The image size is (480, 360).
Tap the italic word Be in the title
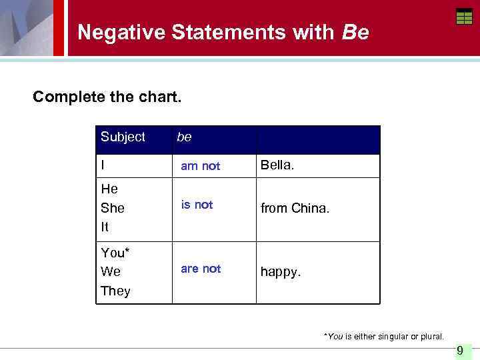click(355, 32)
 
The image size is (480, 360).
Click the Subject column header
click(123, 137)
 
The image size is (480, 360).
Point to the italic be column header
click(184, 137)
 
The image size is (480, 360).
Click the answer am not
click(200, 166)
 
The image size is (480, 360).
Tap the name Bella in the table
click(277, 165)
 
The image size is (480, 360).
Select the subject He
click(109, 189)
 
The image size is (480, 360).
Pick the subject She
click(112, 208)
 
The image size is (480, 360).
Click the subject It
click(105, 227)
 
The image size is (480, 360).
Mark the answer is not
click(197, 205)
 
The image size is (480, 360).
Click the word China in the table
click(311, 209)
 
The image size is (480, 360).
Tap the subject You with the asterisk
click(115, 253)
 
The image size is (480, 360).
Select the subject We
click(111, 272)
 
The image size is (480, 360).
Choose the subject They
click(115, 291)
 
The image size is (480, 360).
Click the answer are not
click(201, 269)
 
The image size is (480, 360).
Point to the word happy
click(280, 273)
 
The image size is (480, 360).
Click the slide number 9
click(460, 351)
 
